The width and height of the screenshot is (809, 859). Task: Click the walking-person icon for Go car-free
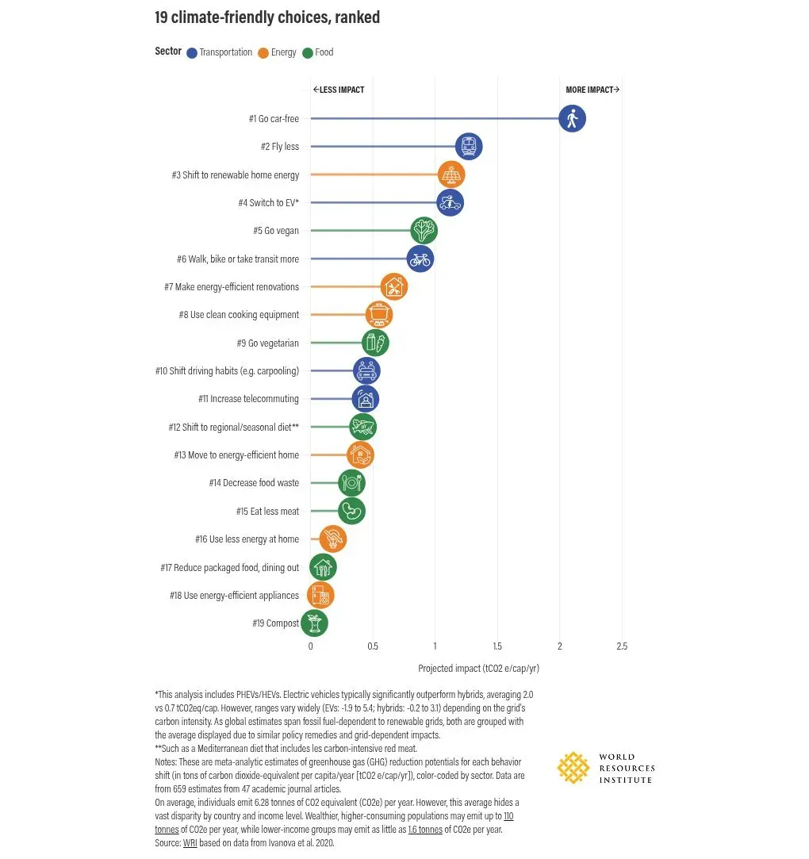tap(572, 118)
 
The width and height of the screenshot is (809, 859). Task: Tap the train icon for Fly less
tap(468, 146)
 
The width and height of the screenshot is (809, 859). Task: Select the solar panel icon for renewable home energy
tap(451, 174)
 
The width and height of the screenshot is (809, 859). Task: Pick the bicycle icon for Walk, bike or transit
tap(420, 259)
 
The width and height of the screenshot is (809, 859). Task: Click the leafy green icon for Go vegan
tap(424, 231)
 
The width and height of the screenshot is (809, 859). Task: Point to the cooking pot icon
tap(379, 314)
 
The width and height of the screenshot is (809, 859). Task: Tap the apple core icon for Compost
tap(314, 623)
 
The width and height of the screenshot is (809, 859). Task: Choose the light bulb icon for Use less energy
tap(333, 539)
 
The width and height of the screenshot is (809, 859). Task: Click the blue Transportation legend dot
tap(192, 53)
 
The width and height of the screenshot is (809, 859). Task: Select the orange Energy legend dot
tap(263, 53)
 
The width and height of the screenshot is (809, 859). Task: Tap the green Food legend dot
tap(308, 53)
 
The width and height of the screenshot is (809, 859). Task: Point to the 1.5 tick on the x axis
tap(497, 646)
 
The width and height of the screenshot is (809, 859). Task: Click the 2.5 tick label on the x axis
tap(622, 646)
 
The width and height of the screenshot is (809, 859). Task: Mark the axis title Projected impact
tap(479, 669)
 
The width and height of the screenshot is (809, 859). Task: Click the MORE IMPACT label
tap(592, 90)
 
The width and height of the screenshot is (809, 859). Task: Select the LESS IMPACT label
tap(339, 90)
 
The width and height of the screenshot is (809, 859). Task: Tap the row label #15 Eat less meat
tap(268, 511)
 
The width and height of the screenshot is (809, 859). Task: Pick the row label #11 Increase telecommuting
tap(249, 399)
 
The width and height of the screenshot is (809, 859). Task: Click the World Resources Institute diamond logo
tap(573, 768)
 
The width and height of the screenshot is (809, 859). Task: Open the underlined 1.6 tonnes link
tap(425, 830)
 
